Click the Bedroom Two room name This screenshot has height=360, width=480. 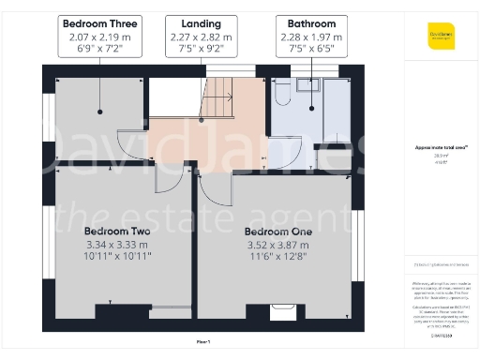[117, 231]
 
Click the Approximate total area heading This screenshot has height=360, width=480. [435, 147]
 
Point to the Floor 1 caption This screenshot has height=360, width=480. [203, 341]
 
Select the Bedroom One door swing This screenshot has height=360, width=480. [214, 187]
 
